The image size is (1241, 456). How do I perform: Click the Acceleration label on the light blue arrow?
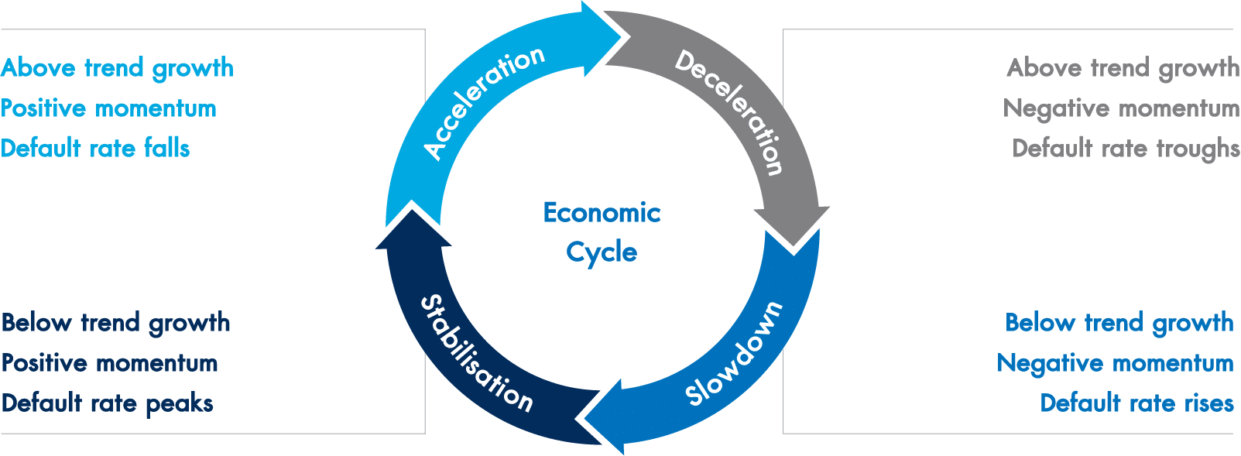point(484,103)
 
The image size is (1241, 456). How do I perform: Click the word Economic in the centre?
point(602,213)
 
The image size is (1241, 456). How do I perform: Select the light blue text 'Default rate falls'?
point(95,149)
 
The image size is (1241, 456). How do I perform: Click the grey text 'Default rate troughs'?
point(1126,149)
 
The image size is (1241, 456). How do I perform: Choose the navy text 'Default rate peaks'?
point(108,404)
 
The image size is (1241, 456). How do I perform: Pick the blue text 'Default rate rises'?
point(1136,403)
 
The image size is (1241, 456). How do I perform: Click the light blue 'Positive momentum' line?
point(108,108)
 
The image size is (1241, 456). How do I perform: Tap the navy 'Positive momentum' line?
point(110,363)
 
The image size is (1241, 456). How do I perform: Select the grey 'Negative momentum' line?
point(1121,109)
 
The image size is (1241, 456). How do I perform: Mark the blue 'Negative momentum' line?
point(1116,364)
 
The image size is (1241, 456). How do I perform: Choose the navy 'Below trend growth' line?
point(116,324)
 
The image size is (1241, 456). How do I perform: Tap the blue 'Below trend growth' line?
point(1119,324)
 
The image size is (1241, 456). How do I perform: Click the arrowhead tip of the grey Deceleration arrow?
point(794,247)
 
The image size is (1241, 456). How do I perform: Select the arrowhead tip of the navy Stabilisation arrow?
point(412,209)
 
